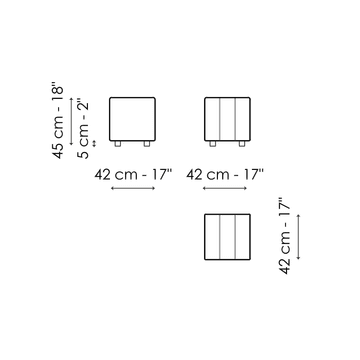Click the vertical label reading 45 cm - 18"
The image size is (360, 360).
click(58, 122)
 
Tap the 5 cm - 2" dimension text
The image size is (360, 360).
click(83, 129)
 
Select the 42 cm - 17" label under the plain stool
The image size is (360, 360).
click(133, 174)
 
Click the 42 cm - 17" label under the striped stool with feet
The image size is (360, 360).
click(225, 174)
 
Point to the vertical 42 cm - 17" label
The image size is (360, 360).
click(285, 236)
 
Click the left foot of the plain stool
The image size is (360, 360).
click(118, 144)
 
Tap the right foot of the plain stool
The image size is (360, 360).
click(147, 144)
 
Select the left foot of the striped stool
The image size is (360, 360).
click(213, 144)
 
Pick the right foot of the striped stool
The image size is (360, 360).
click(242, 144)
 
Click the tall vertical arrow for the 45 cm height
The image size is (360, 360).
click(71, 121)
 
